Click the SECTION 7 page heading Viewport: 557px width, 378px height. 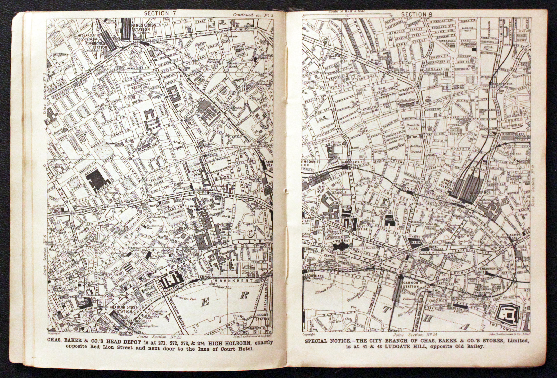tap(160, 14)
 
